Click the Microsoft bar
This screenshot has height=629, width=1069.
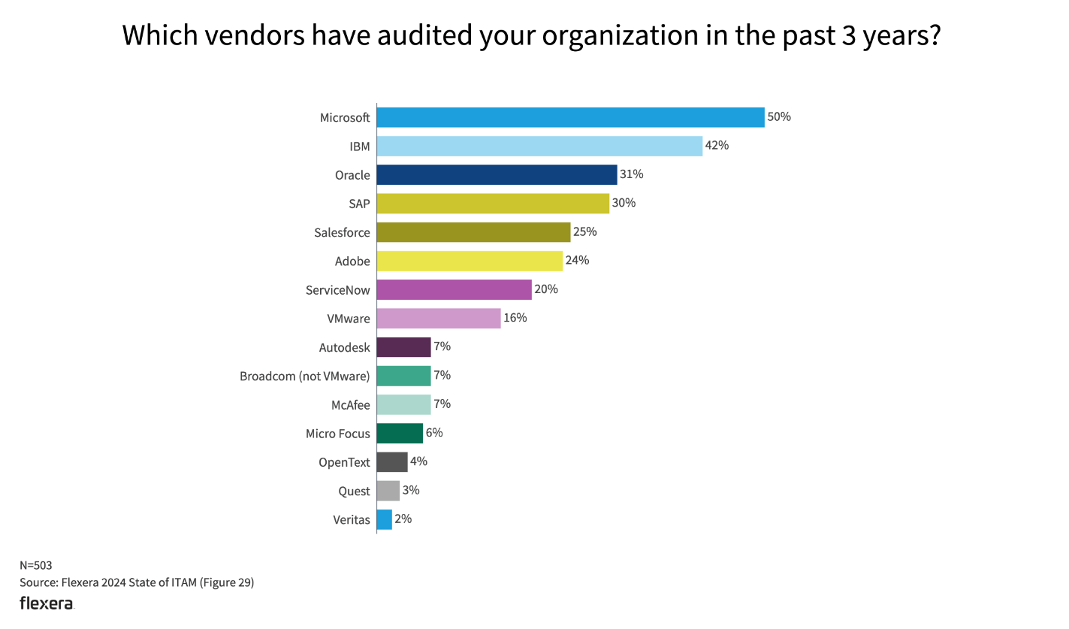point(570,117)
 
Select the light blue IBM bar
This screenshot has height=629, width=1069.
point(539,146)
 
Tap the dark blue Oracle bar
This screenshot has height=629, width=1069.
point(497,175)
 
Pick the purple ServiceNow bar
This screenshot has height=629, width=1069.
point(454,289)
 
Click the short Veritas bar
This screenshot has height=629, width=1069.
point(384,519)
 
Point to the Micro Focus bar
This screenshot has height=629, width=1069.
point(400,434)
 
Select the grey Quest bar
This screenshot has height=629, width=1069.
point(388,491)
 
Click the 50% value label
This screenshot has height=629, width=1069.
point(779,117)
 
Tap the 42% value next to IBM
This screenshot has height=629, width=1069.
point(717,146)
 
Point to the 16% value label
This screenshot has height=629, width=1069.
point(515,318)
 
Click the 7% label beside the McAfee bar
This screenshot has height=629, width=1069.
point(442,404)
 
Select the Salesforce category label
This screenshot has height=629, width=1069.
point(342,233)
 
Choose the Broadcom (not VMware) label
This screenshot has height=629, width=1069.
point(304,376)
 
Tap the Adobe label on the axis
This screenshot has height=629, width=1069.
point(352,262)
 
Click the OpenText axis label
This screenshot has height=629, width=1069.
point(344,462)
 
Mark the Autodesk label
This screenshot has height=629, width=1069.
point(344,347)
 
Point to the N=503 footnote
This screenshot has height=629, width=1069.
point(35,565)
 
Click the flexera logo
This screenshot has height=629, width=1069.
point(47,603)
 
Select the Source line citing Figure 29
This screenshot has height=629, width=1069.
point(137,582)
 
